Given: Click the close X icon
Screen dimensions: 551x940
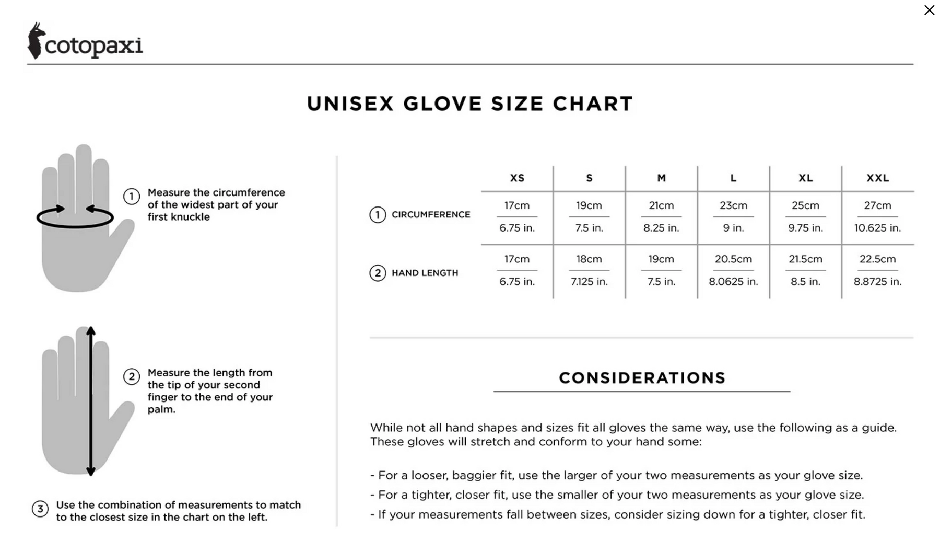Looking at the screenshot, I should (929, 10).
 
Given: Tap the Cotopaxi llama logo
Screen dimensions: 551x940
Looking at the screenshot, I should (35, 41).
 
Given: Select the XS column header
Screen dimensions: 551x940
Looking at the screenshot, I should (517, 178).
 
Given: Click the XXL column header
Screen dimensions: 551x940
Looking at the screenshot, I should (877, 178).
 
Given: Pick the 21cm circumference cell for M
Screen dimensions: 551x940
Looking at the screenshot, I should (661, 205).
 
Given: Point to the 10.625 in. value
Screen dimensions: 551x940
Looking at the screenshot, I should (877, 228).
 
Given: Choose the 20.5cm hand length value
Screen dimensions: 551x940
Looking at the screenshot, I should (733, 259).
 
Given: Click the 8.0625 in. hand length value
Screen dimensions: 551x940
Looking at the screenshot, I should (733, 282).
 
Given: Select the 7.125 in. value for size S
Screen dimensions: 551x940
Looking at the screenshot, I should (589, 282).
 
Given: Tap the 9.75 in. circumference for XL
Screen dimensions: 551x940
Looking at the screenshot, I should (805, 228).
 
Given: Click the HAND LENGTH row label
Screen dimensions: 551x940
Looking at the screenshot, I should (425, 273).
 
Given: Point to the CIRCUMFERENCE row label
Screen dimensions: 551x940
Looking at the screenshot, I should (431, 214).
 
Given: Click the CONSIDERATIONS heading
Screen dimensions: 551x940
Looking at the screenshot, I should (642, 378).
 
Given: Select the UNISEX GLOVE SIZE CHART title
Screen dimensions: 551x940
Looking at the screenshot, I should (469, 104).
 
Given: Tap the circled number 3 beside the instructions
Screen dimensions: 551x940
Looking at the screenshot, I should (40, 509).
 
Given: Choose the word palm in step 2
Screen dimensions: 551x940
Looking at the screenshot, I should (160, 409).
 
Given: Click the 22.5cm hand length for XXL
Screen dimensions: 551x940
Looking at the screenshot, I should (877, 259).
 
